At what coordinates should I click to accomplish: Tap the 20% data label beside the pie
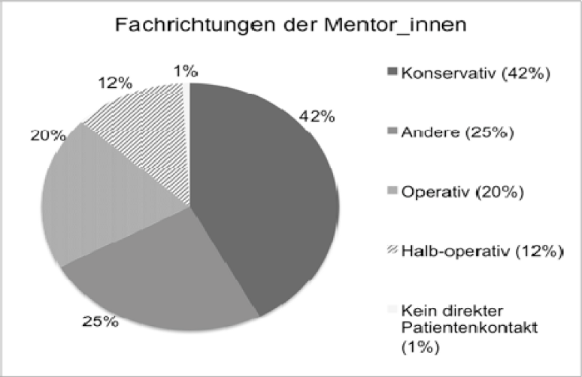[x=46, y=135]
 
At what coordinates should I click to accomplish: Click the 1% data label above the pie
[x=184, y=71]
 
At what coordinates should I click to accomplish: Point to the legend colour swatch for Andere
[x=393, y=133]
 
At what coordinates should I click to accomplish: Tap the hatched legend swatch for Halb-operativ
[x=393, y=250]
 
